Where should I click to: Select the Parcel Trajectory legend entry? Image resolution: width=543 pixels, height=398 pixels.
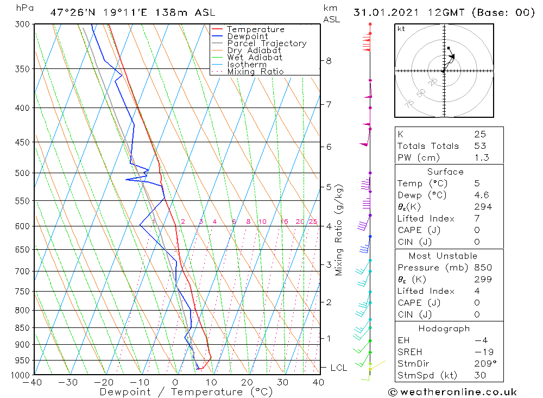coord(267,43)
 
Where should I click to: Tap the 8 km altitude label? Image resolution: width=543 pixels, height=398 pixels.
coord(329,61)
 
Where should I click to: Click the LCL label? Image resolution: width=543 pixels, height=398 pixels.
coord(338,368)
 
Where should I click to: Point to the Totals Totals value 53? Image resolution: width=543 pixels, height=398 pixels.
coord(480,146)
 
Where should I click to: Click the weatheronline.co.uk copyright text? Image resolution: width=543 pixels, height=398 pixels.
coord(453,391)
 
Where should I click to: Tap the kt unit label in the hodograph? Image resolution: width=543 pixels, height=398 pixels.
coord(401,29)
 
